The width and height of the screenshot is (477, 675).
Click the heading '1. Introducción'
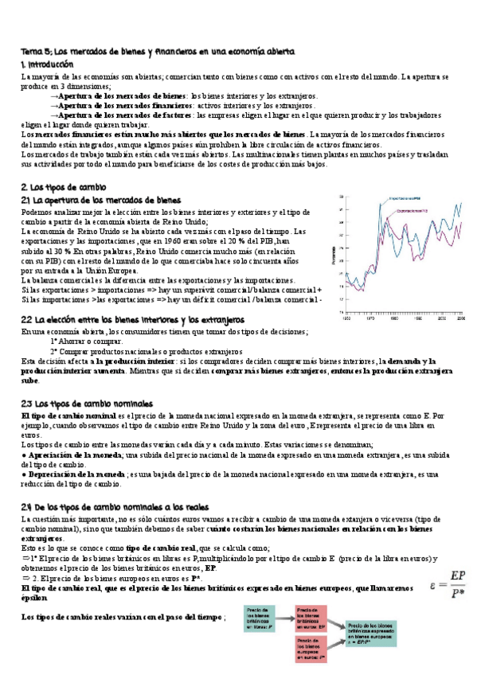coord(46,64)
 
